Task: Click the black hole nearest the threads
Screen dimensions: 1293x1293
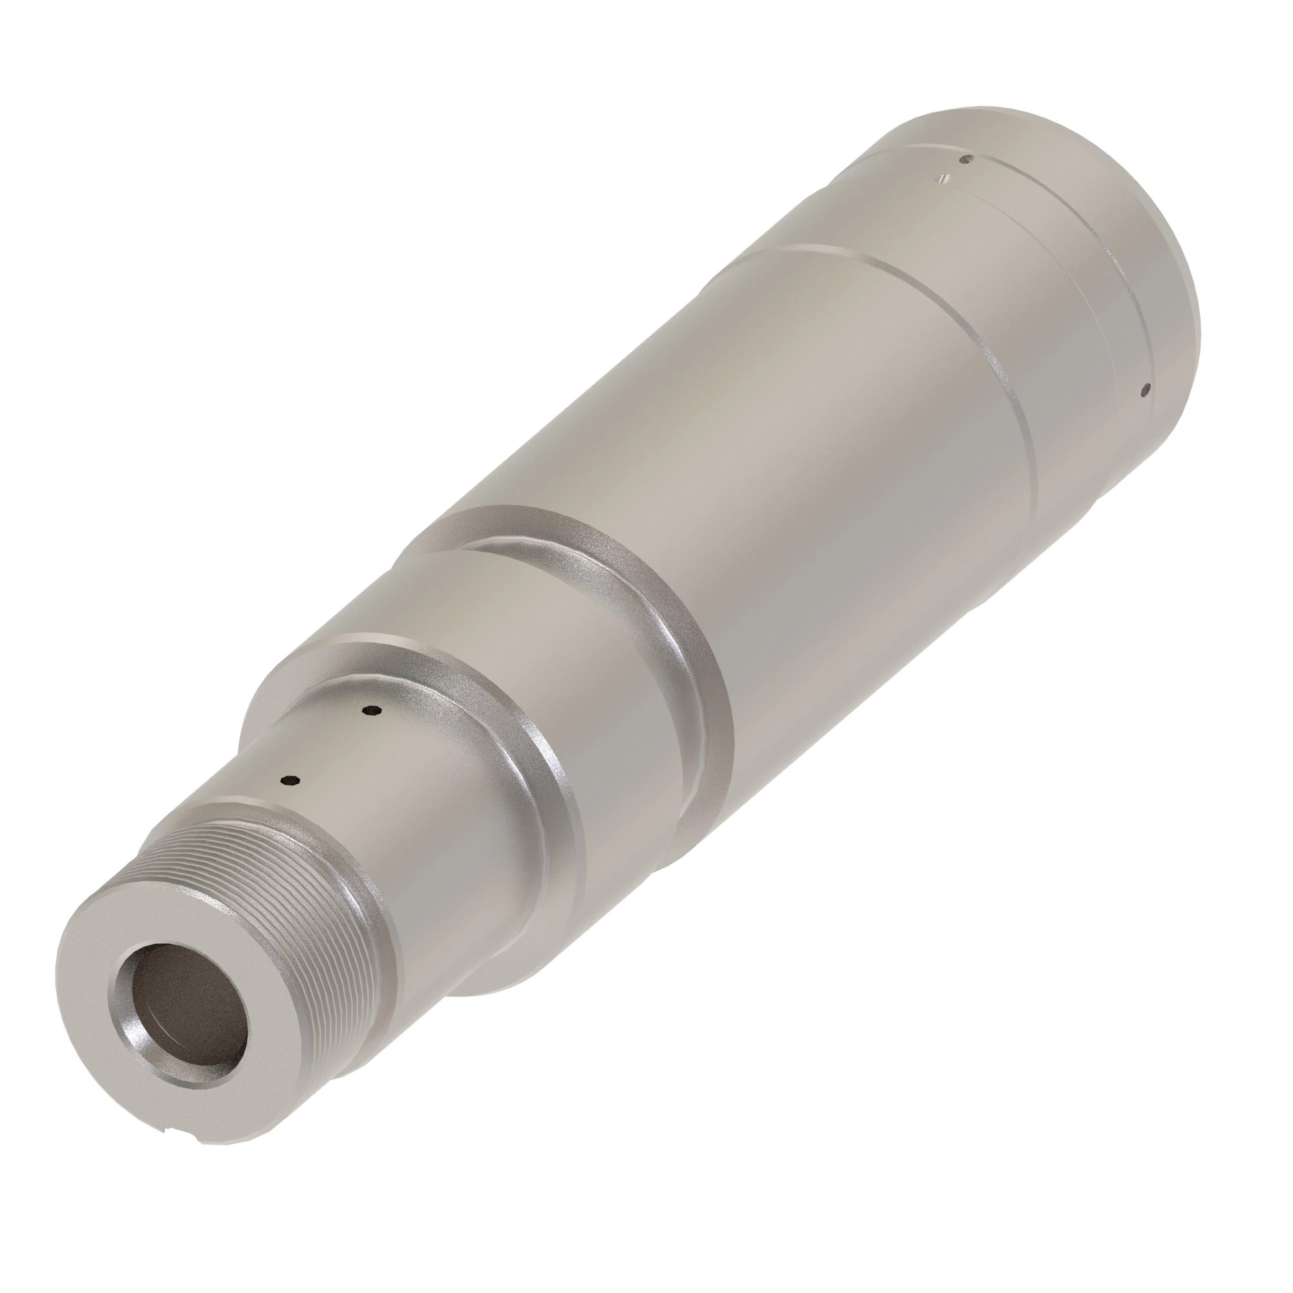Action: pos(290,780)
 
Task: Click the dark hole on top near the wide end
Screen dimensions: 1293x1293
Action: pos(965,159)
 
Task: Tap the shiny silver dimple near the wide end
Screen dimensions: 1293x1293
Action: pos(943,178)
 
